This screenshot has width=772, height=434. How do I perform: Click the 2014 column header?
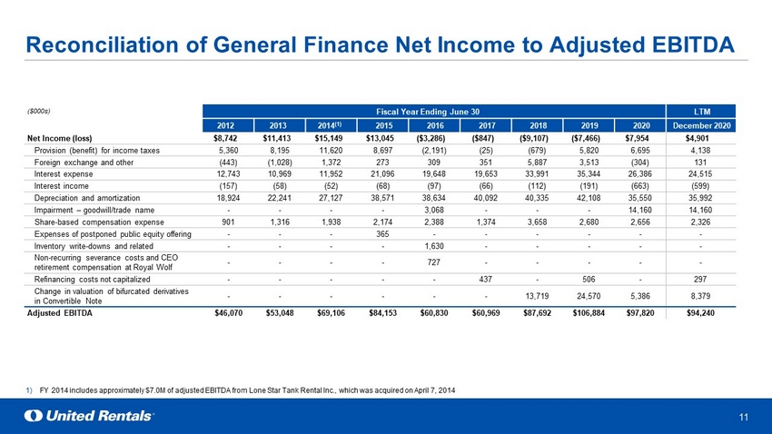click(330, 125)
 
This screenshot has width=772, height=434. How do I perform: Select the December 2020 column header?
click(701, 125)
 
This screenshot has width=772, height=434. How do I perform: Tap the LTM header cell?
click(701, 111)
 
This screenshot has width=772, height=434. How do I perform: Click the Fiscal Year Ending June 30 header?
click(434, 111)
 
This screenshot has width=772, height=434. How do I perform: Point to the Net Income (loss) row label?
click(60, 138)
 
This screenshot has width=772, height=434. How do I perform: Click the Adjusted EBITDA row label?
click(60, 313)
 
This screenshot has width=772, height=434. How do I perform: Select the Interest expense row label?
click(64, 174)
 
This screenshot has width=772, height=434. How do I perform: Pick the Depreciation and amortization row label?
click(87, 198)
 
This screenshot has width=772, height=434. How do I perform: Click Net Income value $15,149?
click(329, 138)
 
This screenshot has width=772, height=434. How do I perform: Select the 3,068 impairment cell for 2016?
click(434, 210)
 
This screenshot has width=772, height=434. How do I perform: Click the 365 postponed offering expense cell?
click(382, 234)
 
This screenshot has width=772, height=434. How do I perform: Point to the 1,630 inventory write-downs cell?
click(434, 246)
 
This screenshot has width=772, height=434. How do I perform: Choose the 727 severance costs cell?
click(434, 262)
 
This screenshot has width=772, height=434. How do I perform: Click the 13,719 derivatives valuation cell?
click(537, 296)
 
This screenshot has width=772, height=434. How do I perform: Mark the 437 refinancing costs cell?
click(486, 279)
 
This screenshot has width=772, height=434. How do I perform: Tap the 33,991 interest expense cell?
click(537, 174)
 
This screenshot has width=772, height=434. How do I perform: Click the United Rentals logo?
click(89, 416)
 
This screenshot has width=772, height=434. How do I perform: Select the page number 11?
click(744, 418)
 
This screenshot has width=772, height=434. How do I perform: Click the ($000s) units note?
click(38, 111)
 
